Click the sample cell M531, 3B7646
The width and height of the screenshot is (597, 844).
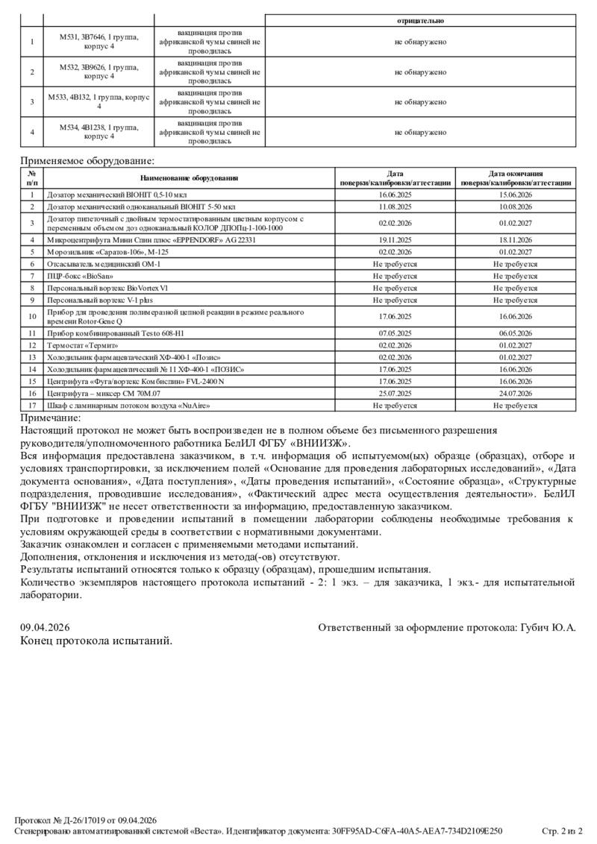pos(99,42)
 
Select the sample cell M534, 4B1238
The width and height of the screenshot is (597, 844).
pos(99,132)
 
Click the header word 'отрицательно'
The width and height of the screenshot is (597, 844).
pos(420,21)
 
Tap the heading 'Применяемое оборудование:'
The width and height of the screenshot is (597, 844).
pos(87,160)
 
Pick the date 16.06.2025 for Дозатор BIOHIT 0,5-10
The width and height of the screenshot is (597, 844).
pos(395,195)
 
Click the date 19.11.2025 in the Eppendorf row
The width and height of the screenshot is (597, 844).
pos(395,240)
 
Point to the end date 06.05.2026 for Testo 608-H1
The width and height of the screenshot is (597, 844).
pos(515,333)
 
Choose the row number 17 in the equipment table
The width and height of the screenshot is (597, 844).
pos(32,406)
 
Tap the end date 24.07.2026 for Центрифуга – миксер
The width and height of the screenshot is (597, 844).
pos(515,394)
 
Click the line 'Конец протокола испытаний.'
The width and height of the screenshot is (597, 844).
pos(96,640)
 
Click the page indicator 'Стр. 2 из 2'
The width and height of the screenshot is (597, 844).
pos(562,831)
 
